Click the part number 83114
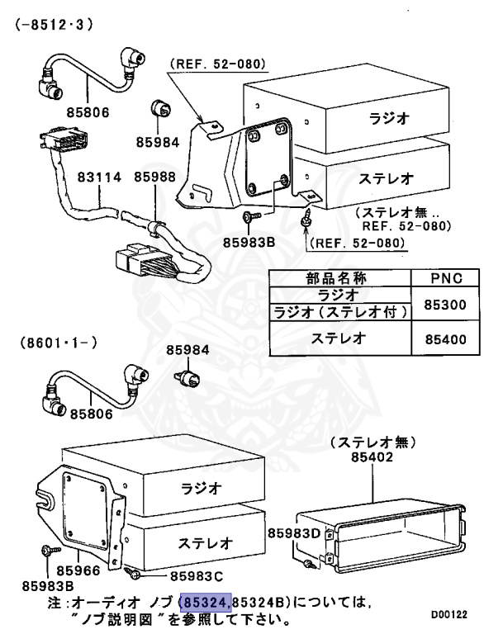click(100, 177)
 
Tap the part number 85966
click(79, 570)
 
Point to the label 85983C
click(198, 575)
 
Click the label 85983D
click(294, 532)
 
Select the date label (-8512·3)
click(55, 25)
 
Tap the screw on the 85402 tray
click(307, 564)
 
